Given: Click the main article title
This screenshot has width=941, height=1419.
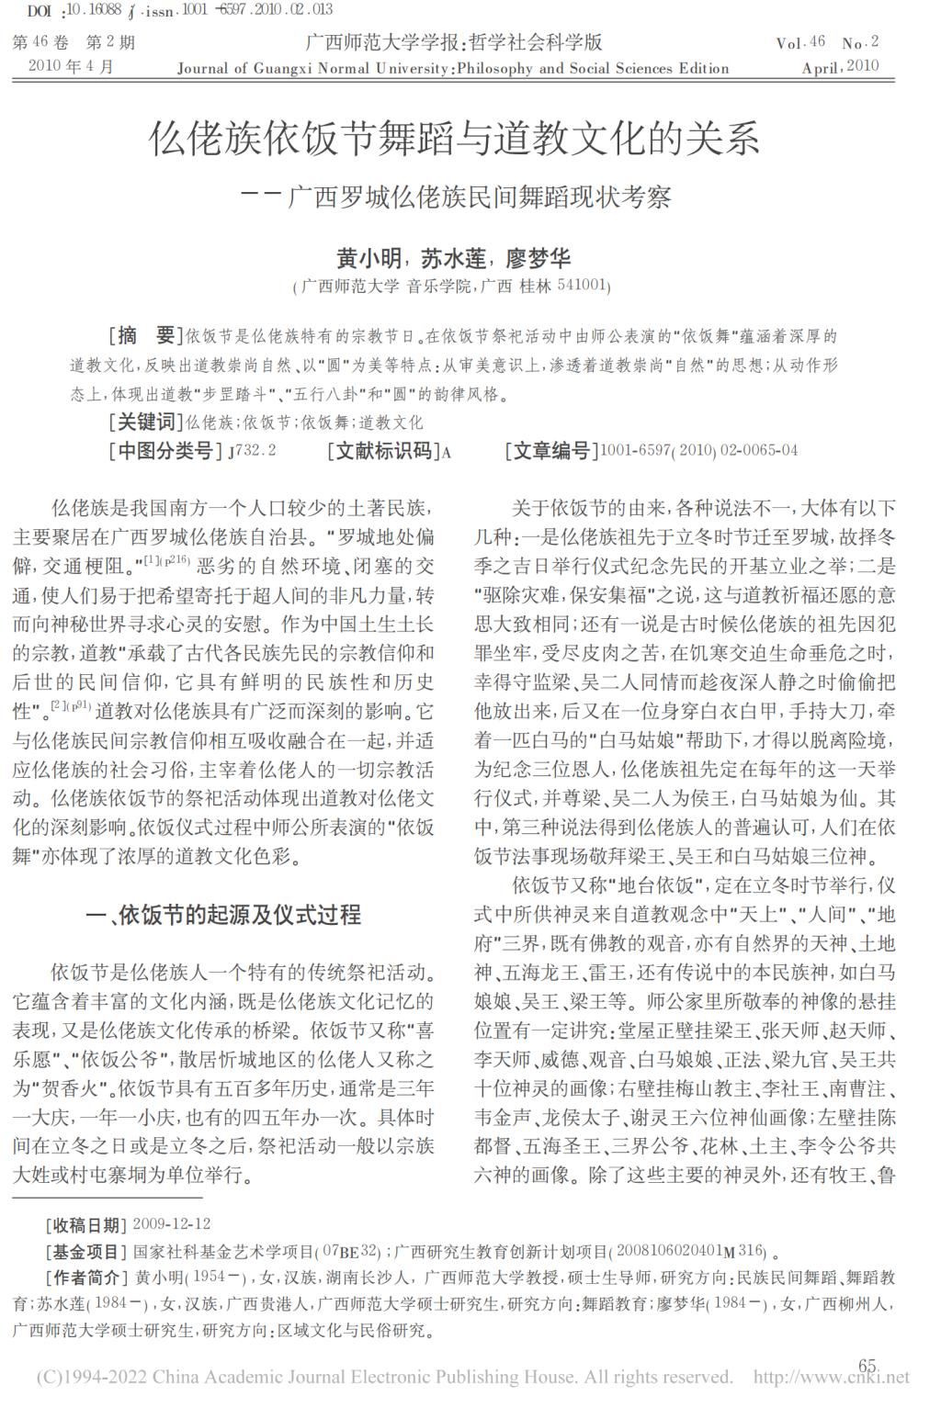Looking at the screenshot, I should pyautogui.click(x=455, y=140).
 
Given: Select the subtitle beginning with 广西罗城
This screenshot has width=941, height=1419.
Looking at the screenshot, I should pyautogui.click(x=479, y=197).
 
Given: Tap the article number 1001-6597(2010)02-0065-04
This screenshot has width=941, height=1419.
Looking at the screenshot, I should pyautogui.click(x=698, y=450).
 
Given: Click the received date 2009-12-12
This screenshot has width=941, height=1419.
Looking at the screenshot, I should pyautogui.click(x=172, y=1224).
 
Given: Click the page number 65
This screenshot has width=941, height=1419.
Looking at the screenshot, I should pyautogui.click(x=867, y=1365).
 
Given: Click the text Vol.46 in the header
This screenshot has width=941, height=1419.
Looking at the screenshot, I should pyautogui.click(x=800, y=42).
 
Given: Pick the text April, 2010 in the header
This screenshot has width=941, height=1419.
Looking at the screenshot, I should pyautogui.click(x=840, y=67).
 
